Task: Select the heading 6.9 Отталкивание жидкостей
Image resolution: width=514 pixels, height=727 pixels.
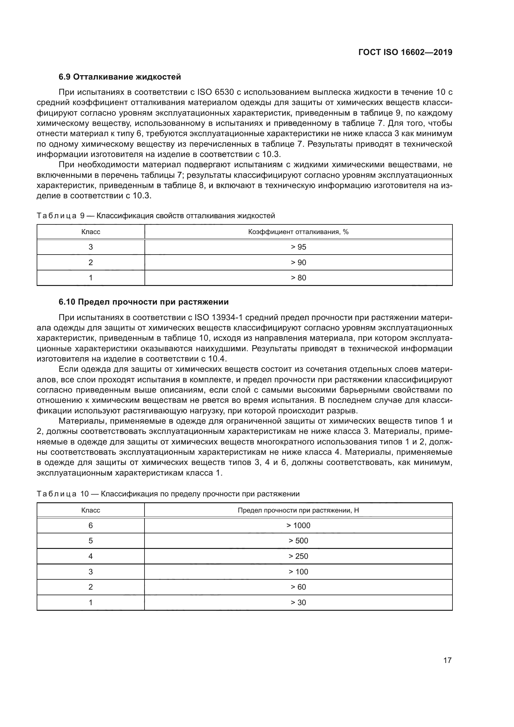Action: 120,77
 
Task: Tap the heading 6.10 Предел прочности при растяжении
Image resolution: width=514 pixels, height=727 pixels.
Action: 143,302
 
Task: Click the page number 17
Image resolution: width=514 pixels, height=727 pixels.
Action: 447,660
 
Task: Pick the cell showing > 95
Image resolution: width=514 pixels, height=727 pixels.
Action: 298,247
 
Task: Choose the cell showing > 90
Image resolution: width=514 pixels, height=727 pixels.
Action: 298,263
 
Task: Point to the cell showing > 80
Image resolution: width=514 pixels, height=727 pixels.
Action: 298,278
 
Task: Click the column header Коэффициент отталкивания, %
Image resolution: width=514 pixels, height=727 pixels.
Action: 298,232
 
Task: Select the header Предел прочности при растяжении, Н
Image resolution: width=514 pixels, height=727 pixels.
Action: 298,510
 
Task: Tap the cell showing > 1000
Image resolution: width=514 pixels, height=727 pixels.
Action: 298,526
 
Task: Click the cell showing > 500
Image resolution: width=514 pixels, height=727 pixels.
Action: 298,541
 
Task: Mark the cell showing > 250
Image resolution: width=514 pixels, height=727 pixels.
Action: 298,556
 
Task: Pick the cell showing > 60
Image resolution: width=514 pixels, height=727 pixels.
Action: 298,587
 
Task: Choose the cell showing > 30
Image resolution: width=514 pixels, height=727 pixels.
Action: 298,603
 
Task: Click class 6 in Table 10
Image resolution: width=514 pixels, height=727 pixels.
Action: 90,526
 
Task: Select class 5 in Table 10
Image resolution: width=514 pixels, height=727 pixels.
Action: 90,541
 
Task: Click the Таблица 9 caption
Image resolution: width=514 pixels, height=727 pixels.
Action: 156,216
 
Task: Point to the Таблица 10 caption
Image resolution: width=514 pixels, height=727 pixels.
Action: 168,494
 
